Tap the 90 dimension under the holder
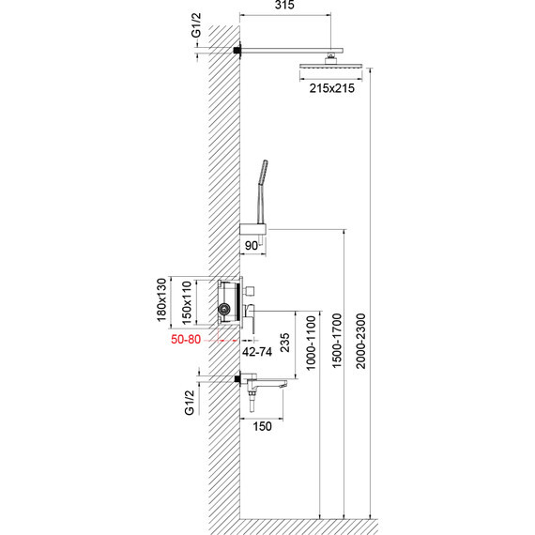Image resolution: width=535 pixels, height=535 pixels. [251, 246]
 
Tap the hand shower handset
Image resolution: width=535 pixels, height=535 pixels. [261, 188]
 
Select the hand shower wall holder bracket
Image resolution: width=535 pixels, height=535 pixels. [253, 230]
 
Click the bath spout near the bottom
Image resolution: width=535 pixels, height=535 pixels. [272, 382]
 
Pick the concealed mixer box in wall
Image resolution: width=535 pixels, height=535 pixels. [226, 302]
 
